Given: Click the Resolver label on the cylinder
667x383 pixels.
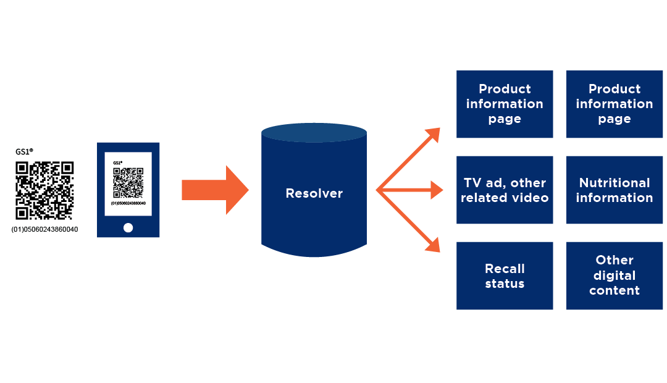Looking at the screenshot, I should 314,193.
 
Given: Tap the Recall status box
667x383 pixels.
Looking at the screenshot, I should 505,276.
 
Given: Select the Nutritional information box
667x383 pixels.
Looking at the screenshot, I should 614,190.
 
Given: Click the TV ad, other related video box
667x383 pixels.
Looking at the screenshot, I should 505,190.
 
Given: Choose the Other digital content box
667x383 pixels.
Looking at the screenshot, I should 614,276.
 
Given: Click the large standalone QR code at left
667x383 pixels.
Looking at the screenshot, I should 44,190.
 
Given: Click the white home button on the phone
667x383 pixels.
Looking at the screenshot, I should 128,227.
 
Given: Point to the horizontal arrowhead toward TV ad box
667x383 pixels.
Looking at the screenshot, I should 437,190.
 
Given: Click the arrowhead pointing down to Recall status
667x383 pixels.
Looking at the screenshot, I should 434,246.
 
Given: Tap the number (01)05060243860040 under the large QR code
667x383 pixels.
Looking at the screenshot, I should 44,230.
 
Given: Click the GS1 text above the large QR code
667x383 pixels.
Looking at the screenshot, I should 24,151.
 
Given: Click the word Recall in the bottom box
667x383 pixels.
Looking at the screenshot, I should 505,268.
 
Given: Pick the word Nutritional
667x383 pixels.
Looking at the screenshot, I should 614,183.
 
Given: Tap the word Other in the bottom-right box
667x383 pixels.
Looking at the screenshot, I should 614,260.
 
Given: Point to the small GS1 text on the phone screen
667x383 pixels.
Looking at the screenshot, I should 117,162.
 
